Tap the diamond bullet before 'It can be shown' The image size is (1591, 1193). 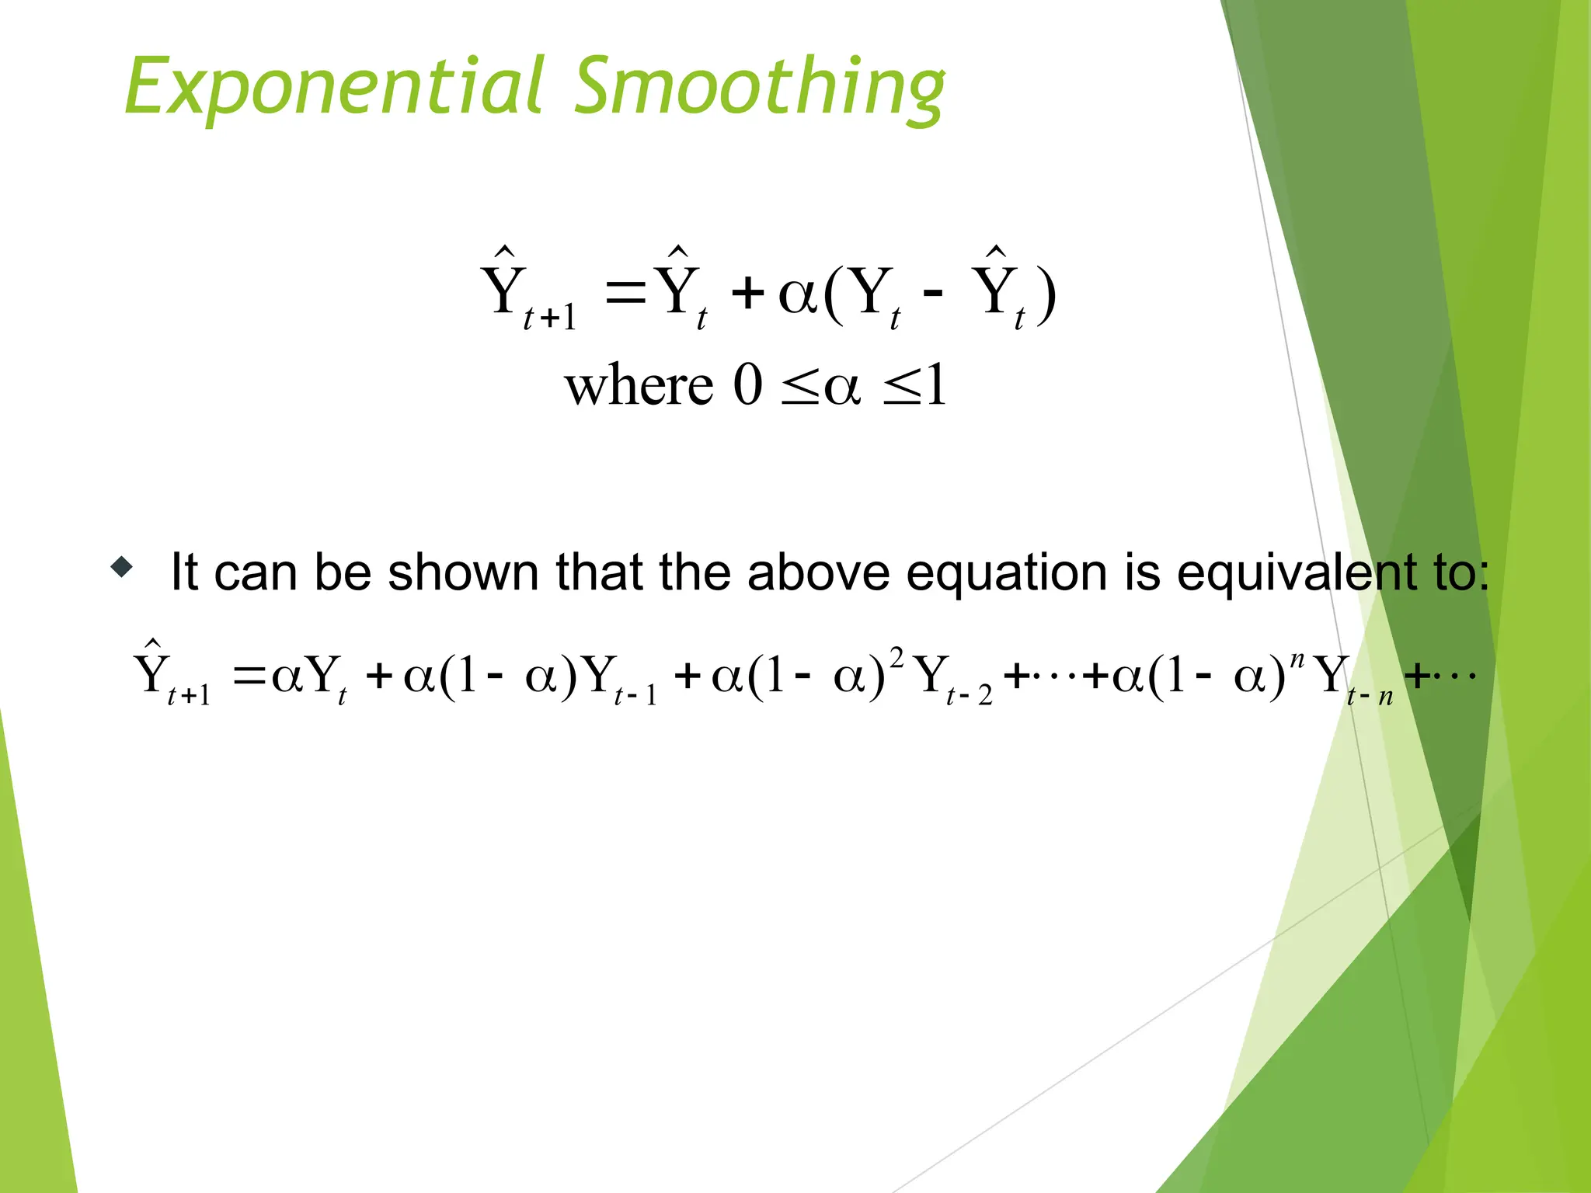122,568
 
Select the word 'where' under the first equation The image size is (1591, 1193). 639,385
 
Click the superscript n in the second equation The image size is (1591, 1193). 1296,659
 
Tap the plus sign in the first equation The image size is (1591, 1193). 747,294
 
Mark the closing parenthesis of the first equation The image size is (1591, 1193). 1046,296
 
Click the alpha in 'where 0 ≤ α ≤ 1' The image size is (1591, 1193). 842,387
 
